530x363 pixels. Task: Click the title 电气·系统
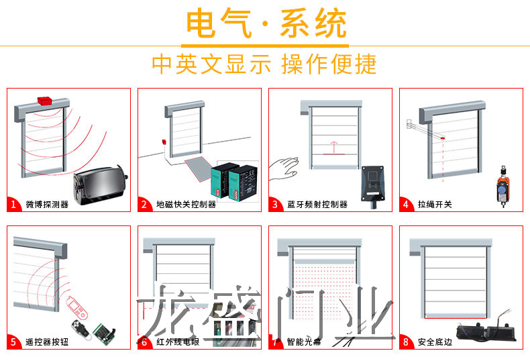coord(266,24)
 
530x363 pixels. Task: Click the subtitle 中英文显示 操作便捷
coord(264,64)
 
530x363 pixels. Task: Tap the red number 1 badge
coord(13,204)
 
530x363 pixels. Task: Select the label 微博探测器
coord(47,204)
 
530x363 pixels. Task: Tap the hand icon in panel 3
coord(284,167)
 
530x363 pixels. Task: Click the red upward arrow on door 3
coord(331,146)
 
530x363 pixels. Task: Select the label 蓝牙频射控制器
coord(317,204)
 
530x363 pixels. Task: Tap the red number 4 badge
coord(406,204)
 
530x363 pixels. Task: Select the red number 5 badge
coord(13,342)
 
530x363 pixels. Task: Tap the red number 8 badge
coord(406,342)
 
